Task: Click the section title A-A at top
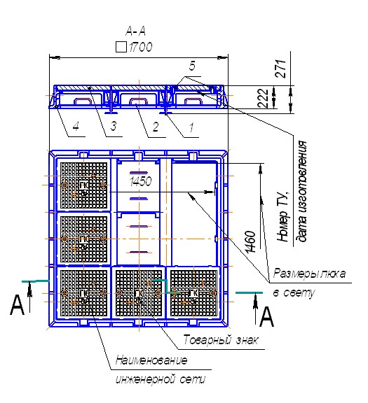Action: pyautogui.click(x=135, y=31)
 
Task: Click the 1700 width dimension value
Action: pyautogui.click(x=141, y=47)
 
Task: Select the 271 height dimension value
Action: pyautogui.click(x=280, y=69)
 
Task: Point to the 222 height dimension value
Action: pyautogui.click(x=263, y=98)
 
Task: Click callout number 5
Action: pyautogui.click(x=192, y=66)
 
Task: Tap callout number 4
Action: pyautogui.click(x=76, y=127)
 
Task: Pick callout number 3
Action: pyautogui.click(x=114, y=126)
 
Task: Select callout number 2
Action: pyautogui.click(x=156, y=127)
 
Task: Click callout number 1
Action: pyautogui.click(x=191, y=127)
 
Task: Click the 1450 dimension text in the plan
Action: pyautogui.click(x=141, y=182)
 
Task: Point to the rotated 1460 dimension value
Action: pyautogui.click(x=250, y=242)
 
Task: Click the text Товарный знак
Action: pyautogui.click(x=220, y=340)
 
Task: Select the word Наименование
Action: pyautogui.click(x=151, y=360)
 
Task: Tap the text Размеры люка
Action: pyautogui.click(x=309, y=273)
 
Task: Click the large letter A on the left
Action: pyautogui.click(x=17, y=305)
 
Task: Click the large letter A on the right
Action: pyautogui.click(x=266, y=317)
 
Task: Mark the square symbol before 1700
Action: pyautogui.click(x=121, y=47)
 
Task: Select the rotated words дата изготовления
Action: pyautogui.click(x=302, y=191)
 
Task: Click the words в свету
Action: pyautogui.click(x=294, y=293)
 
